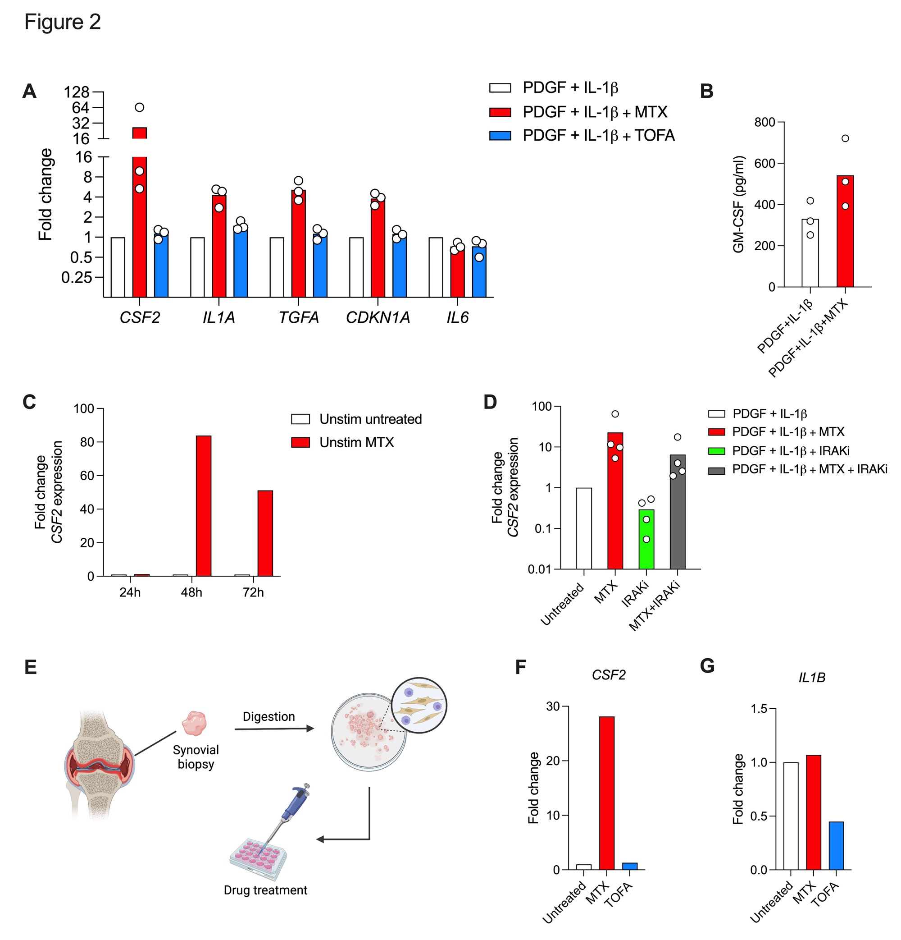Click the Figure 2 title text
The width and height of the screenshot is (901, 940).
[x=62, y=22]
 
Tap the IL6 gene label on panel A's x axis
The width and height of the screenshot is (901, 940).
[x=457, y=317]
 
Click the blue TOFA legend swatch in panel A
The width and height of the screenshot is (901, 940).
[x=500, y=136]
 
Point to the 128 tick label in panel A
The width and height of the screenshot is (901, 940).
[x=77, y=92]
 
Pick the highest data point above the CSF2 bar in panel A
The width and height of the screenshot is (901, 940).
[x=140, y=107]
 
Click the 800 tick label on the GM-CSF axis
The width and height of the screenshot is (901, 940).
[x=764, y=122]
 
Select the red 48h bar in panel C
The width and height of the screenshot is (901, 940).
[x=203, y=505]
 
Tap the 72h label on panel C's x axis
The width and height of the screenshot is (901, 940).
[x=253, y=593]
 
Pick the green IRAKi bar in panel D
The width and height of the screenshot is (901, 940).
[x=646, y=539]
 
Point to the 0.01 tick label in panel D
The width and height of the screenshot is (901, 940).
[x=539, y=569]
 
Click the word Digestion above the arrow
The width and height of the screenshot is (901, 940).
[x=268, y=716]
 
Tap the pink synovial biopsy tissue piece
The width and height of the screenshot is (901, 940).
[x=194, y=723]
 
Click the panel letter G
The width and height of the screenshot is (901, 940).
[x=707, y=666]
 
